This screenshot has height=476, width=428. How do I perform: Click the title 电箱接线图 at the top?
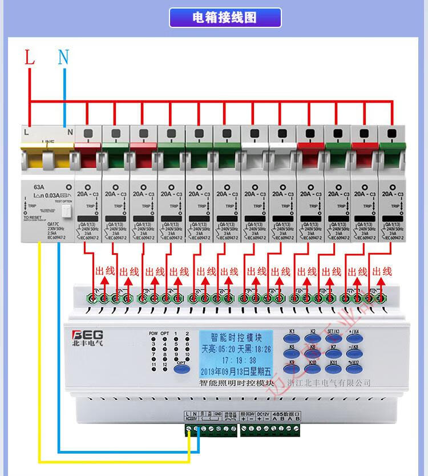pos(225,18)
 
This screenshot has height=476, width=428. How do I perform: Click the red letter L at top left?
pos(29,57)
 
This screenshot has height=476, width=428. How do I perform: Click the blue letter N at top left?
pos(64,57)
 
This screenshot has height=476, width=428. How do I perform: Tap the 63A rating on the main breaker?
pos(39,186)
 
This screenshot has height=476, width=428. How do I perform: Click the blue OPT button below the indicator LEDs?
pos(181,367)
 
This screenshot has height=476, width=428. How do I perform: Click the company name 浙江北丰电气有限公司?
pos(329,383)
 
